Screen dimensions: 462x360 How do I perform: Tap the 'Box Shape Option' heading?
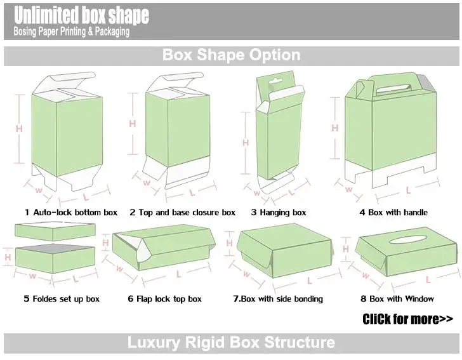(x=231, y=55)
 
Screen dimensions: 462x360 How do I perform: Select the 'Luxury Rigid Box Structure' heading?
(x=231, y=343)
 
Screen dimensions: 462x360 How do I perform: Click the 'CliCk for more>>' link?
(x=408, y=318)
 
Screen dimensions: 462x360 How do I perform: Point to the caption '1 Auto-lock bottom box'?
(x=71, y=212)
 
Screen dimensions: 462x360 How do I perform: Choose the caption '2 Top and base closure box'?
(x=182, y=212)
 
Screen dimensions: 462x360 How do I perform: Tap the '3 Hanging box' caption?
(x=279, y=212)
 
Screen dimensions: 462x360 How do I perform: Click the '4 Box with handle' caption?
(x=393, y=212)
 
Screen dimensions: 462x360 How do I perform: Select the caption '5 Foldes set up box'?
(x=62, y=298)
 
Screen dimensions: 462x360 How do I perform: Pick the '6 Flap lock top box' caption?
(x=164, y=298)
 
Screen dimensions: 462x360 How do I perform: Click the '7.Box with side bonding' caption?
(x=278, y=298)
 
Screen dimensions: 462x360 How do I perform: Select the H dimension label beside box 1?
(x=19, y=128)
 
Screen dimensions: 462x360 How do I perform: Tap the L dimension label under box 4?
(x=408, y=189)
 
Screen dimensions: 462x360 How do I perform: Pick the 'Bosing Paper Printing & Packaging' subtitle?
(x=71, y=31)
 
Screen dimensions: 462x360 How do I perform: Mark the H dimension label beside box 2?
(x=133, y=124)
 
